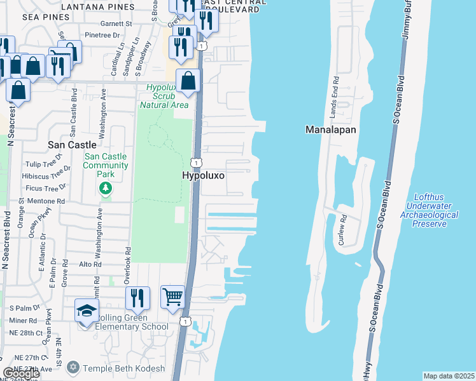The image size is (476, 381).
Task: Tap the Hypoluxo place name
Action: [204, 175]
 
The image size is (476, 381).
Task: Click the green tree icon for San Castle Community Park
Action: [106, 188]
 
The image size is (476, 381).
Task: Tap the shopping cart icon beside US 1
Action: [172, 297]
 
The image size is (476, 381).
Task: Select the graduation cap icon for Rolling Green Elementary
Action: [87, 311]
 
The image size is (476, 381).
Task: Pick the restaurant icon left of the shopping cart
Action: [137, 298]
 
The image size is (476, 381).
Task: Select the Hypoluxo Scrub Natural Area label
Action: [167, 96]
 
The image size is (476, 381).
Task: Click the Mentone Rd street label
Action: [51, 201]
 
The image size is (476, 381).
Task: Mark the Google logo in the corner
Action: [20, 373]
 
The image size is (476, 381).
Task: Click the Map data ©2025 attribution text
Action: [449, 376]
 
